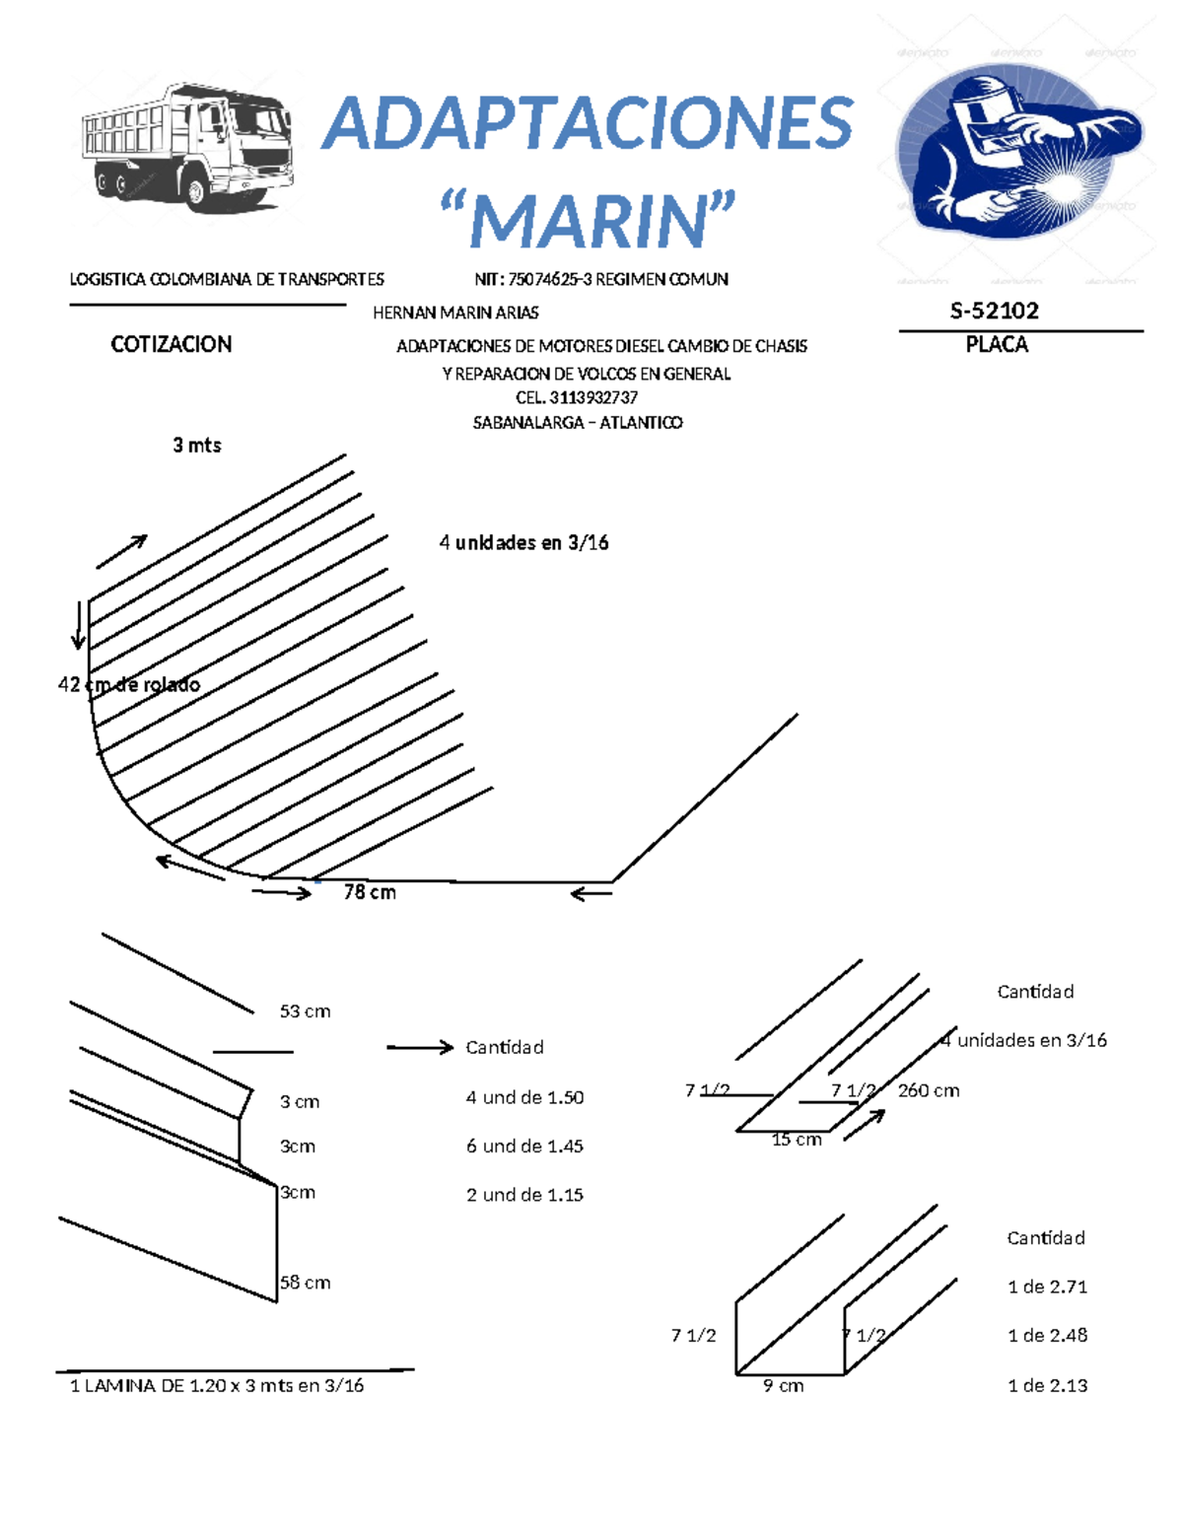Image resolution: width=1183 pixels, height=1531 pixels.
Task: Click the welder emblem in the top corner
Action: pos(1018,153)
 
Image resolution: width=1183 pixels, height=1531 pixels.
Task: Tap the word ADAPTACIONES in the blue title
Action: pos(588,124)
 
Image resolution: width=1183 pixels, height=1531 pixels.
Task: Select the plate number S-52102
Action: pos(994,312)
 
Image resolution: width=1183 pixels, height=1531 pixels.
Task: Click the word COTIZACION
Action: pos(172,344)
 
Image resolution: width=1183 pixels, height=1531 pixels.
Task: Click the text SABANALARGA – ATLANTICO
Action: pos(578,423)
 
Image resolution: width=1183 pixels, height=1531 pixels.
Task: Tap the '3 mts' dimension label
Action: pos(197,446)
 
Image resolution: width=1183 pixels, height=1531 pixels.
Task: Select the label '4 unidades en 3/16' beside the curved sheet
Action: pos(523,543)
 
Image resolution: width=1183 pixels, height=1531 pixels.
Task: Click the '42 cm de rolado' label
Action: pos(129,684)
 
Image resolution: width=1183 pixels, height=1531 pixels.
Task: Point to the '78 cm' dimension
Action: pos(370,892)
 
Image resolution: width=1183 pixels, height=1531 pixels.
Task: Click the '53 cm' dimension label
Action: pos(305,1011)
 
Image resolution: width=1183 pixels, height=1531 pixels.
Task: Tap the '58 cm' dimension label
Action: pos(305,1283)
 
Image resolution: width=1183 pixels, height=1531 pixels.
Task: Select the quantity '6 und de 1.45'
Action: pos(524,1147)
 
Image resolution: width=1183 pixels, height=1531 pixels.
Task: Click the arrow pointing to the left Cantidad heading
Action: pos(419,1047)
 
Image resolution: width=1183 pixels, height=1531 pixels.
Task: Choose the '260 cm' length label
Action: pos(929,1090)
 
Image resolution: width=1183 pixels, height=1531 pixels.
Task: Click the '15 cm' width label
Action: pos(797,1140)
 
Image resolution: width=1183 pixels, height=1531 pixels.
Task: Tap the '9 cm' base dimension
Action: pos(784,1386)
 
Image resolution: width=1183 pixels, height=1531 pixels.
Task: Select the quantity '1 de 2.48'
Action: pos(1047,1336)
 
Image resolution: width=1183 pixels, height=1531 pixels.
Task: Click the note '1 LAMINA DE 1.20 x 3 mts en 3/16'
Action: pos(217,1386)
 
